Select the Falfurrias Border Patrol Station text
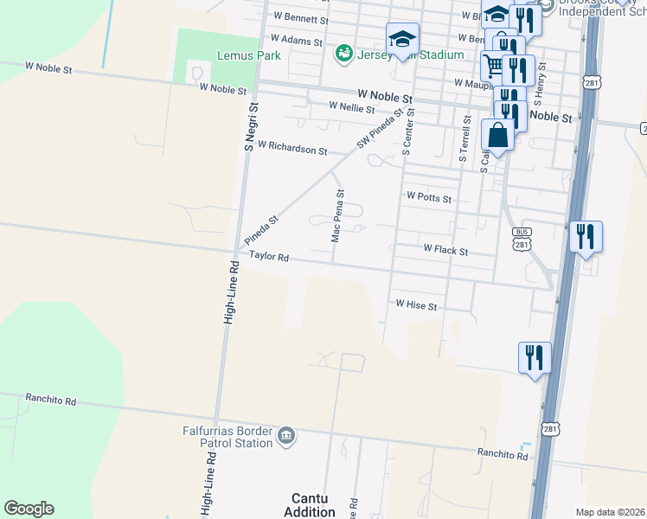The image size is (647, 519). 227,436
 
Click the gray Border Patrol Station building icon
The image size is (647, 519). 287,435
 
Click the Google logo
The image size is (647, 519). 29,509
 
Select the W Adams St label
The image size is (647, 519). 296,40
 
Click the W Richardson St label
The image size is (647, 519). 291,148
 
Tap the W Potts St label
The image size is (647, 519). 429,198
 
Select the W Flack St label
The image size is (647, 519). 445,251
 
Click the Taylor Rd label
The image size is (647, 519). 268,258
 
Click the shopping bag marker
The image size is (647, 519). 498,136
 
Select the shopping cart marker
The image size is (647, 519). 493,64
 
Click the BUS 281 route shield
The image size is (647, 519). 522,239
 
